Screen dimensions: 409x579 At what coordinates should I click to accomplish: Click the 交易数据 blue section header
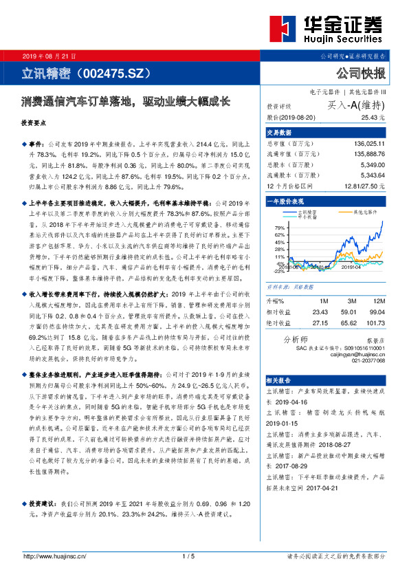(279, 131)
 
